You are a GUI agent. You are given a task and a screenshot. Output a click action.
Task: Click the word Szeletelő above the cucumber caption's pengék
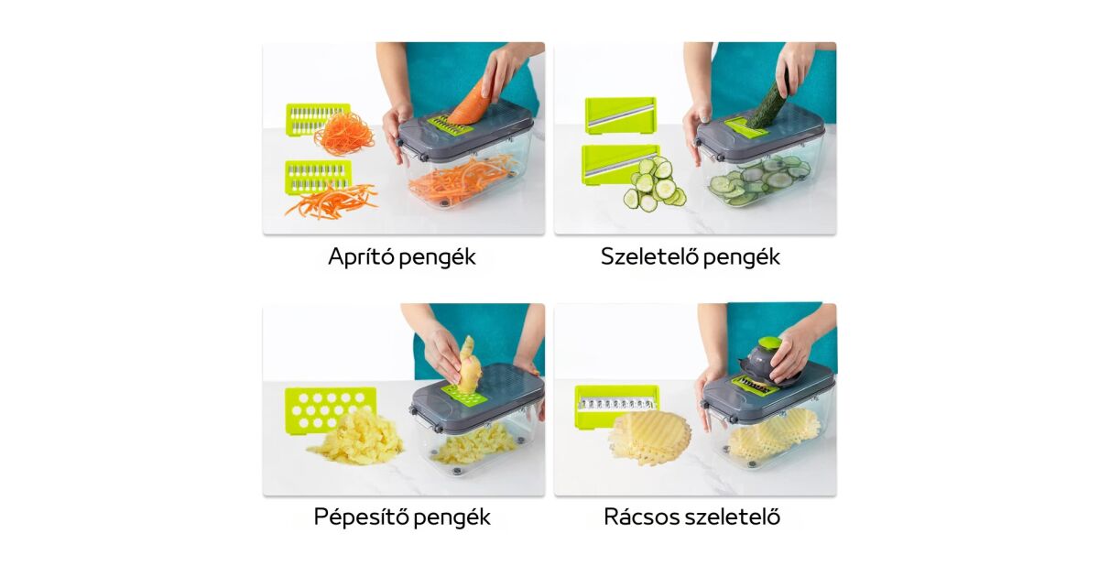tap(643, 256)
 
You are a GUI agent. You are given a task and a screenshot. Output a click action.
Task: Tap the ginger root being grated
tap(469, 365)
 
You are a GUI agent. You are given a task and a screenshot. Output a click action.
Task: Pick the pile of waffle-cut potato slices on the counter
tap(649, 438)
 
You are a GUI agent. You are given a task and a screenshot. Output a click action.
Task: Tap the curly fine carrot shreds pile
tap(343, 134)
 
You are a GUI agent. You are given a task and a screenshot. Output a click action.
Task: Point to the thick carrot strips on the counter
tap(332, 201)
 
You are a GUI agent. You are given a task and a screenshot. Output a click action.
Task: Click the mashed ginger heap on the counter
tap(355, 438)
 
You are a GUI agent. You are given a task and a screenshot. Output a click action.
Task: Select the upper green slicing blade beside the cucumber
tap(621, 115)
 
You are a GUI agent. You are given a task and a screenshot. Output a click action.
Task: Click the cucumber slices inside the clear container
tap(758, 180)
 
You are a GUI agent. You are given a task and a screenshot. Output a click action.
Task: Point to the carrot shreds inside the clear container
tap(463, 181)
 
